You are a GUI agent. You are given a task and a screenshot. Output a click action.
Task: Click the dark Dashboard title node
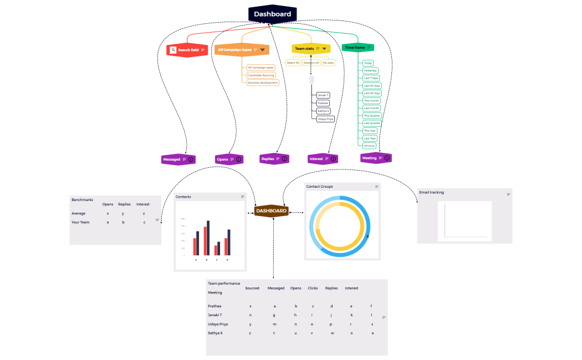click(x=272, y=14)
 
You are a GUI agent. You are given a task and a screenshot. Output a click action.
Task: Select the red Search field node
click(x=187, y=50)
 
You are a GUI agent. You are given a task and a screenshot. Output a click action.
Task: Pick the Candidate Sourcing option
click(x=261, y=75)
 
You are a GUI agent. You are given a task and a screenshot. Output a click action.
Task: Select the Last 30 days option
click(x=372, y=86)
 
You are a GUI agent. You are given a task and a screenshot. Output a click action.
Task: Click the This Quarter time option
click(x=372, y=116)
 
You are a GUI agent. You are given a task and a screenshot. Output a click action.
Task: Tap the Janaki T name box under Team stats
click(x=323, y=95)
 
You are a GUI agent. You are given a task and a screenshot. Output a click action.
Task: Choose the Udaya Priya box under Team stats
click(x=325, y=119)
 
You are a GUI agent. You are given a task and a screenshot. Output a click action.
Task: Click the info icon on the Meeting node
click(x=387, y=158)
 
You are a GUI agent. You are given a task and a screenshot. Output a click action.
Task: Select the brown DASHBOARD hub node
click(x=271, y=211)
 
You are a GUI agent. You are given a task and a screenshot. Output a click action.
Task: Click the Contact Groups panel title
click(x=320, y=187)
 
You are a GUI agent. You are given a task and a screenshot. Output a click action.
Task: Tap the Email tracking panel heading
click(x=432, y=193)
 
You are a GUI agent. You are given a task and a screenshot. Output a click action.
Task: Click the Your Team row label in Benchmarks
click(x=80, y=222)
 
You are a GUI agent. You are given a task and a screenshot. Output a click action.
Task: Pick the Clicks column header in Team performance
click(x=313, y=288)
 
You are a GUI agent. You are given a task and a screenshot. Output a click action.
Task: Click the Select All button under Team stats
click(x=293, y=63)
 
